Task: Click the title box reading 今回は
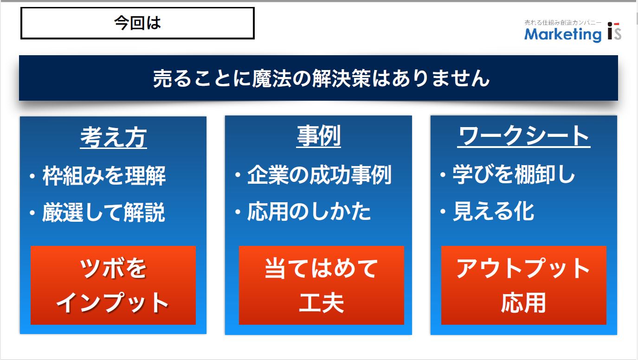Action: coord(137,23)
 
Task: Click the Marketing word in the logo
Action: coord(563,35)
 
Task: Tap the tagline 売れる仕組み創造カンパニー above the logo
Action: coord(563,22)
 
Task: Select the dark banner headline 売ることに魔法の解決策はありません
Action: coord(321,78)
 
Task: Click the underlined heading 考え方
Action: coord(113,138)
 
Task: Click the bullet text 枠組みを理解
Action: coord(104,175)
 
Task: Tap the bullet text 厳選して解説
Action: coord(103,212)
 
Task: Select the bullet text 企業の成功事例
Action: coord(319,174)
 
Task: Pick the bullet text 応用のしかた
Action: coord(309,212)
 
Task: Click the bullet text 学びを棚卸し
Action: coord(514,174)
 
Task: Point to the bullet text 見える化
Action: coord(494,211)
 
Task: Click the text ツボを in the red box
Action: coord(113,268)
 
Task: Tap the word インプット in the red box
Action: coord(112,303)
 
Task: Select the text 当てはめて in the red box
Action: coord(321,268)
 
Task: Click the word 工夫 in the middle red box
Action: coord(321,303)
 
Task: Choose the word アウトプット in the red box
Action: coord(523,268)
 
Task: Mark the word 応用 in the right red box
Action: coord(523,303)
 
